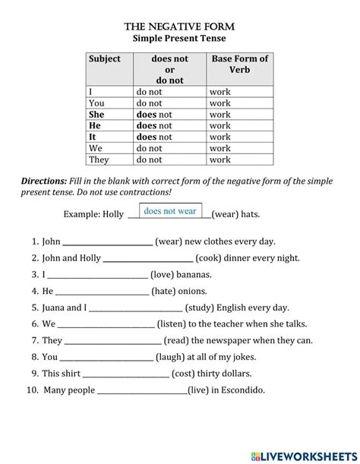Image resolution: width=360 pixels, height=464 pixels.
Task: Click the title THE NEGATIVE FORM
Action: coord(179,25)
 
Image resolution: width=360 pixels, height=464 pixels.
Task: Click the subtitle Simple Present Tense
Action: coord(179,37)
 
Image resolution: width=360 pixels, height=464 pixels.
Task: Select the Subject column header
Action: coord(105,58)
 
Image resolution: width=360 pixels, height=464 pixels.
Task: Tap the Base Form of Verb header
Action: coord(240,65)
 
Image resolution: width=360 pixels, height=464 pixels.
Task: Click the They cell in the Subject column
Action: coord(99,159)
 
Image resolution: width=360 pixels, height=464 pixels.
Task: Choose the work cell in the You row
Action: coord(220,103)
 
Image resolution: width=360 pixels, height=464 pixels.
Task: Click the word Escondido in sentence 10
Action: coord(239,390)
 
